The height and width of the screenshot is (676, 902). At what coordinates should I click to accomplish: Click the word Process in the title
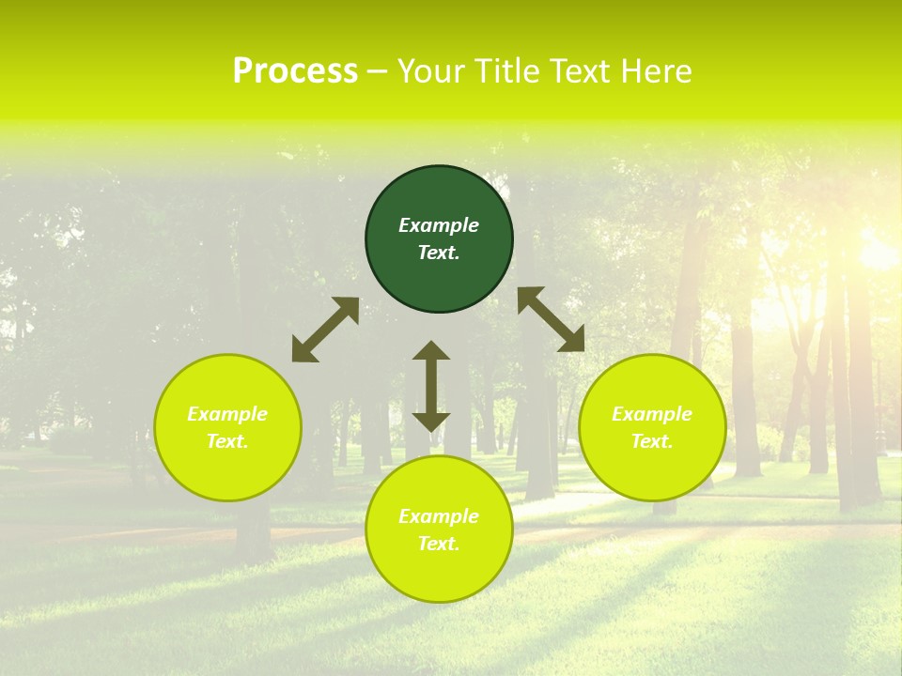[295, 71]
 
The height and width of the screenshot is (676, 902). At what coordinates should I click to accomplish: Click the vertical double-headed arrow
[431, 386]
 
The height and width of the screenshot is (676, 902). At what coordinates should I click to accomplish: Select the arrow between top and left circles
[325, 330]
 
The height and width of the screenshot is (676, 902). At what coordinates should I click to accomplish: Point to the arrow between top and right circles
[552, 319]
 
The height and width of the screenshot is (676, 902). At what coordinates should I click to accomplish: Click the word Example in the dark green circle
[439, 225]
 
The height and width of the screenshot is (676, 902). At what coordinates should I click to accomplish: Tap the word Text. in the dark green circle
[439, 253]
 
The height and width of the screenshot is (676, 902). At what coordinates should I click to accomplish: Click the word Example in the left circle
[227, 414]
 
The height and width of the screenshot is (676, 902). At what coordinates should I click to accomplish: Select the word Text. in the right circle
[652, 441]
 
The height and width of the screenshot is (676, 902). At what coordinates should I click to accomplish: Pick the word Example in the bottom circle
[439, 516]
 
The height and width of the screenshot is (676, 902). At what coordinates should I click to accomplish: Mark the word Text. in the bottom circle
[439, 544]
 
